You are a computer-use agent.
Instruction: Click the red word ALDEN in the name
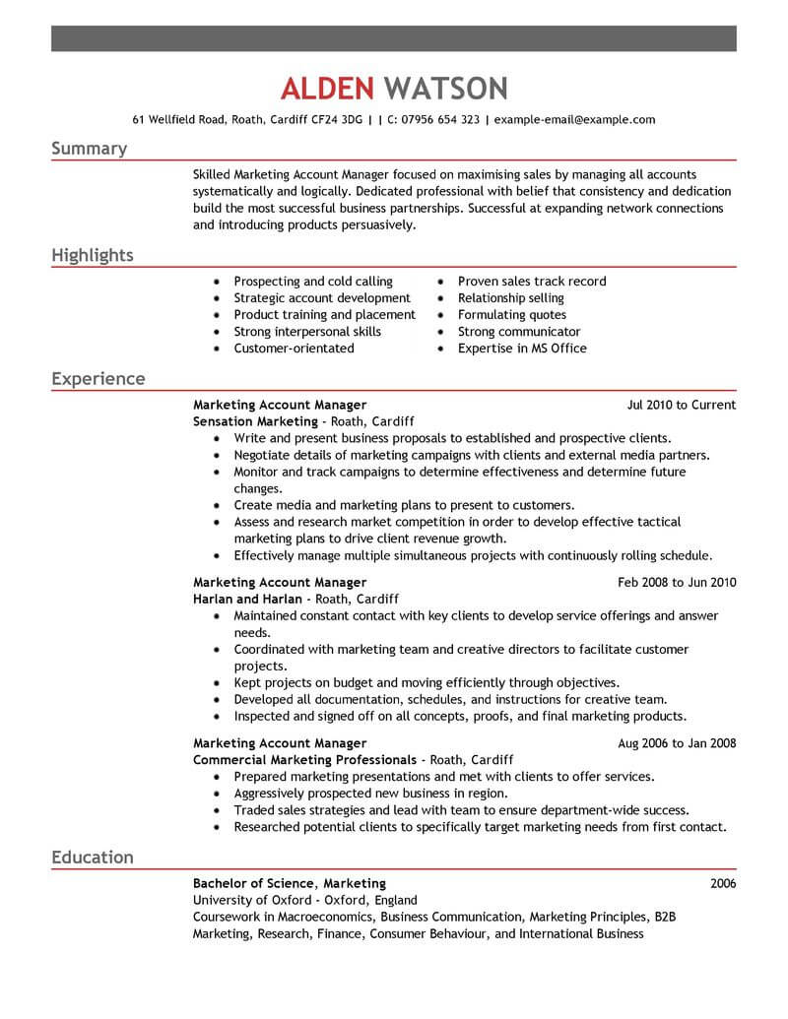point(327,88)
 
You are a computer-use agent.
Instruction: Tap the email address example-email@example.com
point(574,120)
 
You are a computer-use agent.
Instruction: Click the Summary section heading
point(89,149)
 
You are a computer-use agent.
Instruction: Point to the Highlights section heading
point(92,256)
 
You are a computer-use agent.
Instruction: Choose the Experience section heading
point(98,379)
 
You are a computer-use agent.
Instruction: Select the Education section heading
point(92,858)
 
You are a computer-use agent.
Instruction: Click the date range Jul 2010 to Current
point(682,405)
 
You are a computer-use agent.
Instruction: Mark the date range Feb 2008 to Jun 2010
point(677,582)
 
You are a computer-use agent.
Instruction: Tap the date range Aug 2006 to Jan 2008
point(677,743)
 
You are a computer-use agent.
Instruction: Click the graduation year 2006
point(722,884)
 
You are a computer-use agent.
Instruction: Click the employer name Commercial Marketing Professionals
point(304,760)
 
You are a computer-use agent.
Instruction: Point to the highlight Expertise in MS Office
point(522,349)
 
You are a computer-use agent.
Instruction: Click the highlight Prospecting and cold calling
point(313,282)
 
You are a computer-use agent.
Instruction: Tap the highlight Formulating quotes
point(512,315)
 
